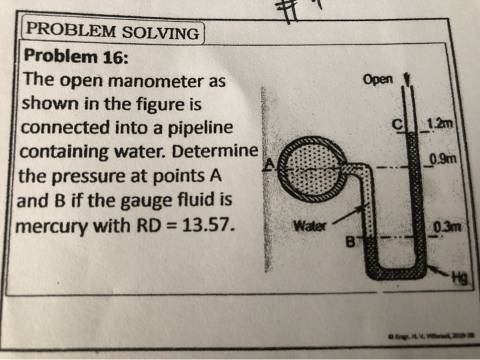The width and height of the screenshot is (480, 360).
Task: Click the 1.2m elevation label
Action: pyautogui.click(x=437, y=123)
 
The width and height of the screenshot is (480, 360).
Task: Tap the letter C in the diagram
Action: pyautogui.click(x=396, y=124)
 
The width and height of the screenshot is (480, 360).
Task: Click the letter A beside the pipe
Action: pyautogui.click(x=269, y=163)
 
